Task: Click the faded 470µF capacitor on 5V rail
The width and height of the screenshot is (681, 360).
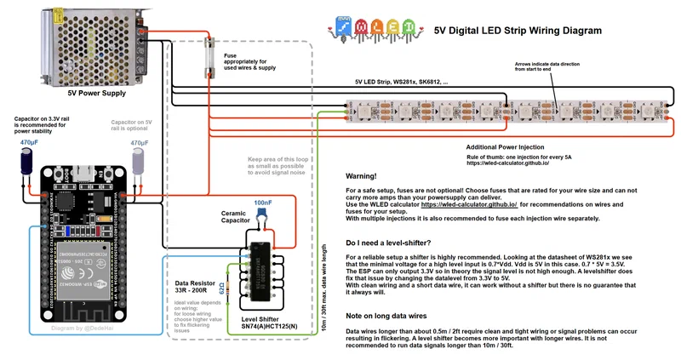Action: [140, 163]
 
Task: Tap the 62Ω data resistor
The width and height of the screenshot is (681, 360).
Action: [223, 288]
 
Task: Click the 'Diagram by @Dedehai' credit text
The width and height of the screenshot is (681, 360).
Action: [89, 327]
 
